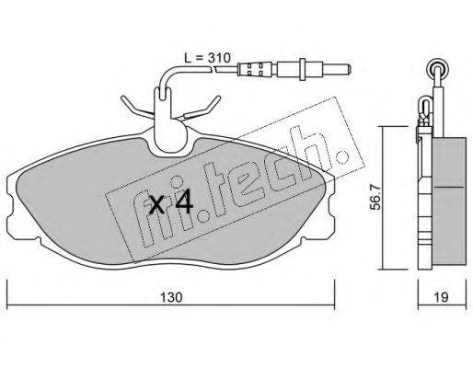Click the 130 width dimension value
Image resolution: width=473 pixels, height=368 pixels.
tap(171, 297)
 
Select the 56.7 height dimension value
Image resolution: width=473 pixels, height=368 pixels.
tap(375, 197)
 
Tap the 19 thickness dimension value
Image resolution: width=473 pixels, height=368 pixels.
tap(441, 297)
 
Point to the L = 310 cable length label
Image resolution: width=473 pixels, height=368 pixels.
tap(207, 58)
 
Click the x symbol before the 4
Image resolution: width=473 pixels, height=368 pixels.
tap(156, 205)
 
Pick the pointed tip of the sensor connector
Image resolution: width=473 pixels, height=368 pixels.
tap(351, 69)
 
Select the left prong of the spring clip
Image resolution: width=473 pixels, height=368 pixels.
tap(136, 107)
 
